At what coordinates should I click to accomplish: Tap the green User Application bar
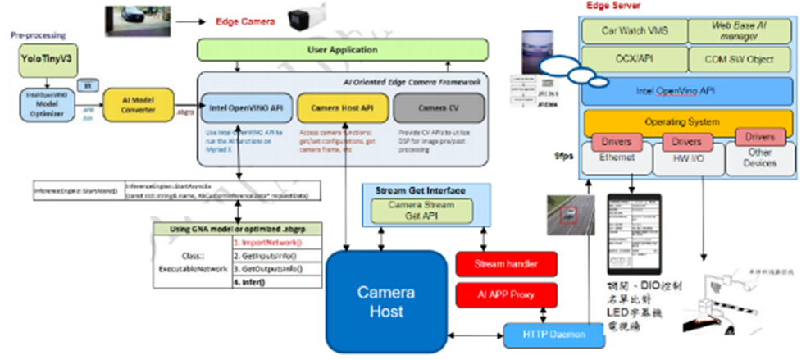pyautogui.click(x=342, y=50)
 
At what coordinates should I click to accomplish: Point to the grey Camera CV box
pyautogui.click(x=434, y=107)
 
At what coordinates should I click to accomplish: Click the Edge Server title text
pyautogui.click(x=613, y=6)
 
